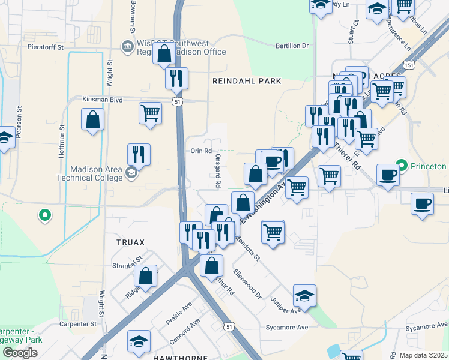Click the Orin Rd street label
[x=200, y=151]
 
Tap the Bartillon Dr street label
[x=291, y=46]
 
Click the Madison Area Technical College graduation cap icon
[x=131, y=173]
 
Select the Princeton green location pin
[x=402, y=166]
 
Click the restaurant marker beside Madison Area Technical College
[x=139, y=154]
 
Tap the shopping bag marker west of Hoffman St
[x=93, y=119]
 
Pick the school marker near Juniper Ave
[x=305, y=295]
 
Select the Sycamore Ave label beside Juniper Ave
[x=292, y=328]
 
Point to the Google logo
[x=20, y=353]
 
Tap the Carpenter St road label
[x=78, y=324]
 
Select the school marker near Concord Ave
[x=139, y=341]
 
